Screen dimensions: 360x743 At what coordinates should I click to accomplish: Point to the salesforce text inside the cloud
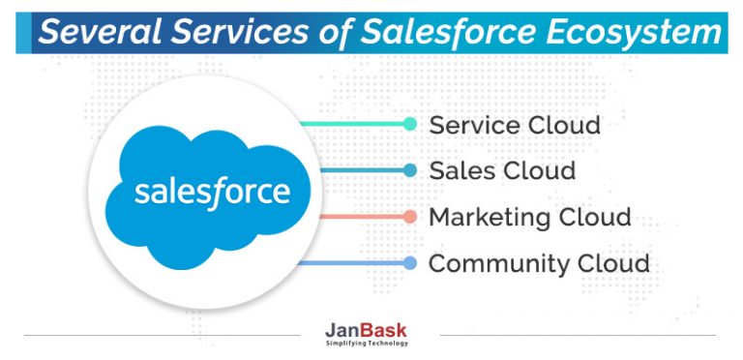[212, 190]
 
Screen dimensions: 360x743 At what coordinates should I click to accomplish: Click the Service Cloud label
[515, 125]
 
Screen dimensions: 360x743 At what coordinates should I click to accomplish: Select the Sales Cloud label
[502, 171]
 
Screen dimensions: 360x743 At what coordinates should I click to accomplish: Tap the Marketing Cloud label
[530, 217]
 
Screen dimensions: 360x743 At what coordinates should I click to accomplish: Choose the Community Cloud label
[539, 263]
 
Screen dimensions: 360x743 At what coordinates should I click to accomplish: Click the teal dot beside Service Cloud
[409, 124]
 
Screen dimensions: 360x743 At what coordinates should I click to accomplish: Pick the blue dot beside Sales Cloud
[409, 170]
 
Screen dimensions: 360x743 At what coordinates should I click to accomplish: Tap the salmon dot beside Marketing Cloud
[409, 217]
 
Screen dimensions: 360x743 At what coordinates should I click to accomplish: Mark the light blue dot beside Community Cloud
[409, 263]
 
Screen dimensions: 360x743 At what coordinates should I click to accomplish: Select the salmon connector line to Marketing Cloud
[358, 217]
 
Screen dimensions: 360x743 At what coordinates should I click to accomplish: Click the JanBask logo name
[367, 331]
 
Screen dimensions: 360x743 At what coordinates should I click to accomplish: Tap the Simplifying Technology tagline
[367, 344]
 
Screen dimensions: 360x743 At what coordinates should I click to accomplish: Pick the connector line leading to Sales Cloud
[358, 170]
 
